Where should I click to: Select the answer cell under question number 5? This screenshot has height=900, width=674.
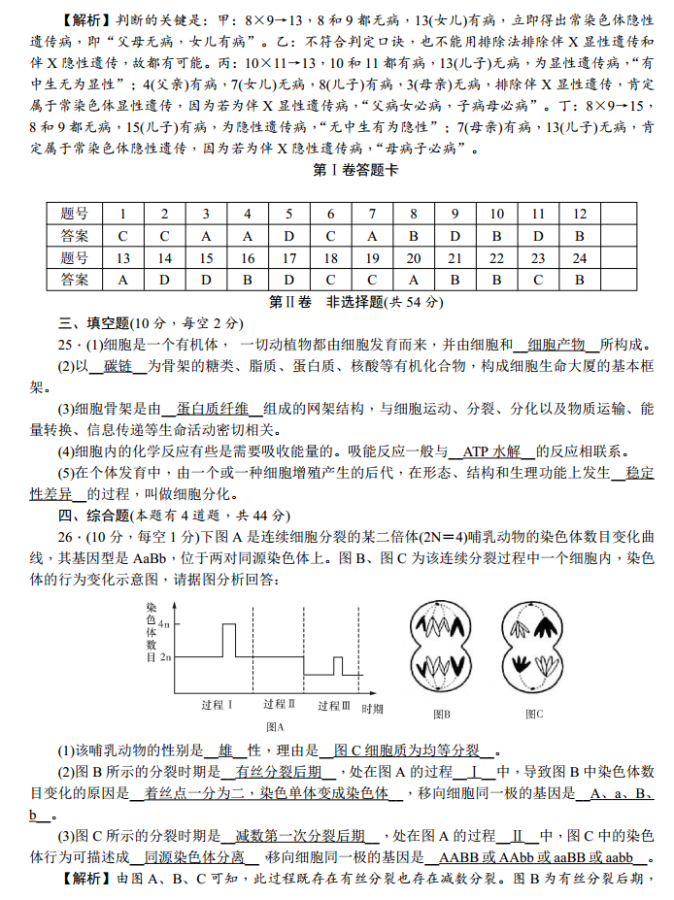(288, 236)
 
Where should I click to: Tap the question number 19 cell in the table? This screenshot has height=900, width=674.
(372, 258)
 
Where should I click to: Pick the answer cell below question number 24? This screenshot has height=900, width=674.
(580, 280)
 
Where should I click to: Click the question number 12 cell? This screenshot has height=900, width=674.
(580, 214)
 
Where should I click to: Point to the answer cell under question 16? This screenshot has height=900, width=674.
(248, 280)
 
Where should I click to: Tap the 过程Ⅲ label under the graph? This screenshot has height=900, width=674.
(333, 706)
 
